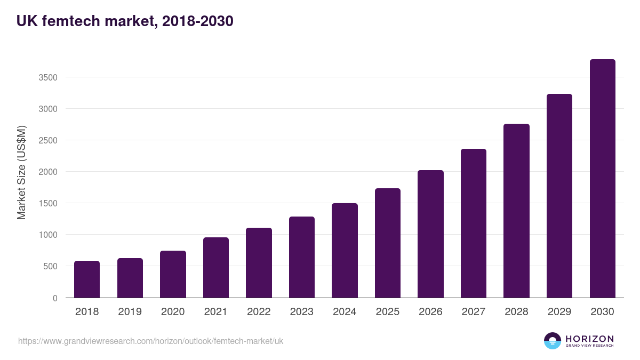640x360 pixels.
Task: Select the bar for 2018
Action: tap(87, 279)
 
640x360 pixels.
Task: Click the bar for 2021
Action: tap(216, 268)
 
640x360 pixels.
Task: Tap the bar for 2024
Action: tap(345, 251)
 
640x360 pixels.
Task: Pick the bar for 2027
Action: tap(474, 223)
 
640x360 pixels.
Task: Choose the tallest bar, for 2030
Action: tap(602, 179)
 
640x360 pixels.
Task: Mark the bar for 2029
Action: tap(559, 196)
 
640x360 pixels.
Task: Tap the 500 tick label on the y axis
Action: tap(50, 266)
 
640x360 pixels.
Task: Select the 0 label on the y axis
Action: tap(55, 298)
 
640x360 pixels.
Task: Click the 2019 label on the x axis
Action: tap(130, 312)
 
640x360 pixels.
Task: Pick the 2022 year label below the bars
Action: tap(259, 312)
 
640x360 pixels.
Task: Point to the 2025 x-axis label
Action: tap(387, 312)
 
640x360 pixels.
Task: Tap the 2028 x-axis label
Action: tap(516, 312)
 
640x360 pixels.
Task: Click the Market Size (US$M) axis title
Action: tap(21, 173)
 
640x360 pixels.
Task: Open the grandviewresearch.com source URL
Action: tap(151, 341)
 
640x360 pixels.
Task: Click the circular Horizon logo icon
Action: tap(553, 341)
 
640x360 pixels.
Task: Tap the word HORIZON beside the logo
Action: tap(589, 339)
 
